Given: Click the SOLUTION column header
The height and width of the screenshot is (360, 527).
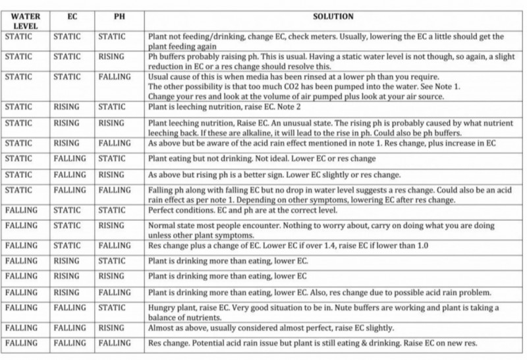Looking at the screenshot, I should click(x=335, y=16).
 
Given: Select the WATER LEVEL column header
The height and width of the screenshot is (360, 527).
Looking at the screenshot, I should click(x=25, y=21).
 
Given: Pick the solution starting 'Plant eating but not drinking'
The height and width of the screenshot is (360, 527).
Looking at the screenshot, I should click(x=262, y=158).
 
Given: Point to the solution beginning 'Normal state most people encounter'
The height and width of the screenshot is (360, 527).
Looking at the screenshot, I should click(x=321, y=230).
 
